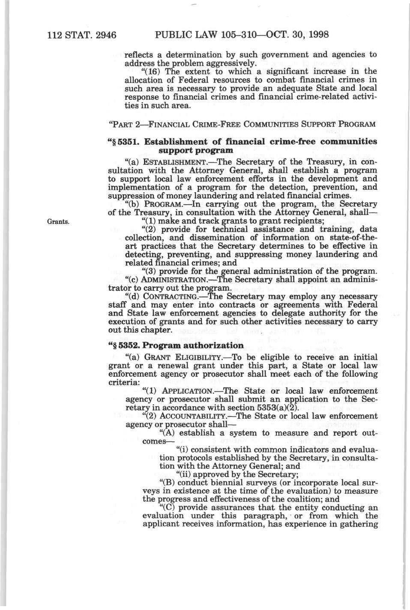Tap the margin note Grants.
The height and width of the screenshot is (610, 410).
click(x=55, y=222)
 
